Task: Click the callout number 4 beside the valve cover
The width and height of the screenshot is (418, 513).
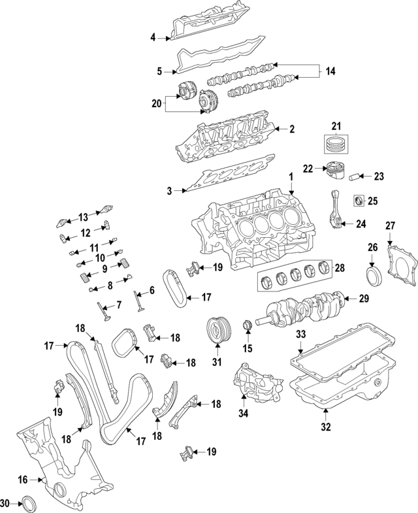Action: (x=153, y=38)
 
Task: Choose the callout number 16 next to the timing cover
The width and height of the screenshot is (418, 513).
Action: (x=23, y=480)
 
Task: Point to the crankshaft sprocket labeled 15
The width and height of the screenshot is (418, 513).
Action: (x=247, y=325)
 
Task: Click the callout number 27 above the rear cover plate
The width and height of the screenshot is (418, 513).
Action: (x=390, y=225)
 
